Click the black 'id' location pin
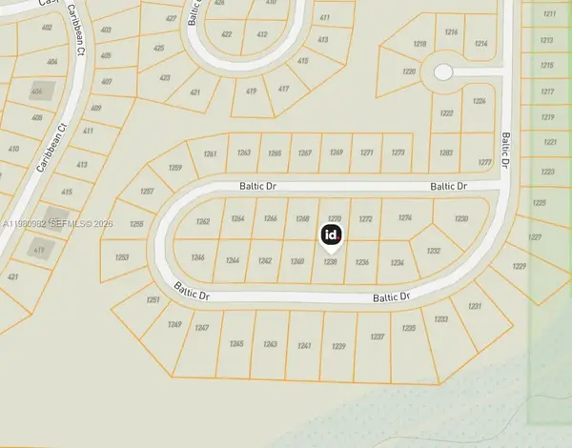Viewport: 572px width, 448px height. point(332,234)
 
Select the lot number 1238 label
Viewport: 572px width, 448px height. point(332,262)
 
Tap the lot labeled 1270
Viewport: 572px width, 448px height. point(334,218)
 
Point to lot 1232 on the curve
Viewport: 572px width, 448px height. point(433,251)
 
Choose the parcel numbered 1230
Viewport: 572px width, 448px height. point(461,219)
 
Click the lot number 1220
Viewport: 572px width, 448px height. point(409,71)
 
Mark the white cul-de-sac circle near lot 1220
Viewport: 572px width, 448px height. point(441,71)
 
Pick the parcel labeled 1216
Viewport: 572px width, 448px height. point(452,32)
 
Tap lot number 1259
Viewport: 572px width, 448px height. point(174,168)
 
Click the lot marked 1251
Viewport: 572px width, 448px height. point(153,300)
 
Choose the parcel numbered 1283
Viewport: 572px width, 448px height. point(446,153)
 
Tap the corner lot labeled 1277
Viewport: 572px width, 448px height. point(484,163)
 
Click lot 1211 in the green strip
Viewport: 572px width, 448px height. point(547,14)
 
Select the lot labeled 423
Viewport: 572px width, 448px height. point(165,77)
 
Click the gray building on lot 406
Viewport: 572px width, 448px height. point(39,92)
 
